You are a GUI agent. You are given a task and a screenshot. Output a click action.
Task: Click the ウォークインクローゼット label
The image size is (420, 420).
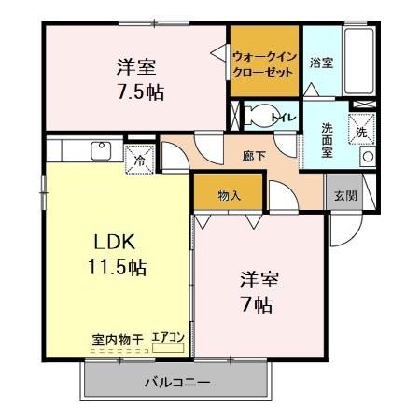click(x=264, y=63)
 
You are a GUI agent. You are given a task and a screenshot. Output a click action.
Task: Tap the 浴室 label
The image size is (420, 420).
click(x=322, y=63)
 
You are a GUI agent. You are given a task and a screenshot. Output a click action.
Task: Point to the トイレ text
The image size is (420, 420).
click(x=283, y=118)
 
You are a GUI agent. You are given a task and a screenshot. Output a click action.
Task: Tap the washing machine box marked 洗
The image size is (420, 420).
click(x=361, y=131)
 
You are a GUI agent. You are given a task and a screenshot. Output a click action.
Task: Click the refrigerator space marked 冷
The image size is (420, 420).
click(x=139, y=157)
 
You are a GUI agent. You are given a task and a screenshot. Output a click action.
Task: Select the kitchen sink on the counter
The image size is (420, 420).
click(x=100, y=149)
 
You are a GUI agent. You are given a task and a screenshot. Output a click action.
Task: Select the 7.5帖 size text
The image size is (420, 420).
click(x=137, y=92)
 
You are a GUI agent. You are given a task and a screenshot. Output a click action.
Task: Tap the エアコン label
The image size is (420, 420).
click(x=169, y=338)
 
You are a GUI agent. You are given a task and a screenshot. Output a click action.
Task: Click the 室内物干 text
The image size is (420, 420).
click(x=116, y=338)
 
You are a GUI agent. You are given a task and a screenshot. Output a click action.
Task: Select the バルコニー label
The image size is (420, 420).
click(x=176, y=383)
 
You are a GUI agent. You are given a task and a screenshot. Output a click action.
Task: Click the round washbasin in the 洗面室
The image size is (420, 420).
click(x=367, y=157)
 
